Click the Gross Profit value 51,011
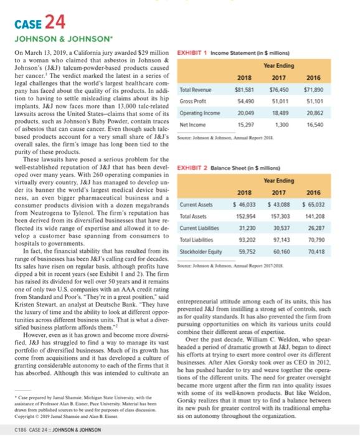(287, 101)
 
